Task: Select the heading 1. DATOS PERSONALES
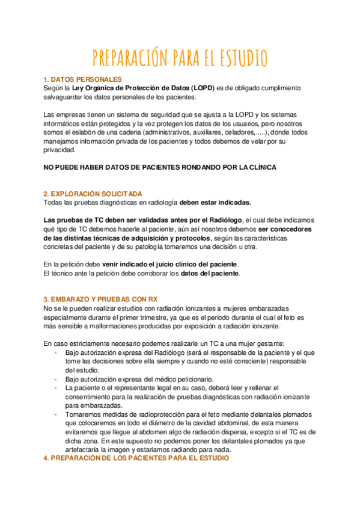coord(83,79)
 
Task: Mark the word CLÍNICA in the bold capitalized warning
coord(259,167)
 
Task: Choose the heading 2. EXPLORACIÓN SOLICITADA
coord(93,194)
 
